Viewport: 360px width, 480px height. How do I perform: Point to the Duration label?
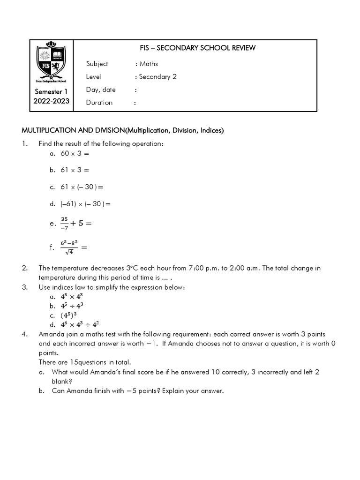tap(99, 103)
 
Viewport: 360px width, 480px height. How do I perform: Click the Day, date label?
tap(101, 90)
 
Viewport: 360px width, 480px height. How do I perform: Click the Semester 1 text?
tap(52, 92)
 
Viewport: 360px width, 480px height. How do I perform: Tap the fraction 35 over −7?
tap(64, 224)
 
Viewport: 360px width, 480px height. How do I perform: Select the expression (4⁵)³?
tap(71, 315)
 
